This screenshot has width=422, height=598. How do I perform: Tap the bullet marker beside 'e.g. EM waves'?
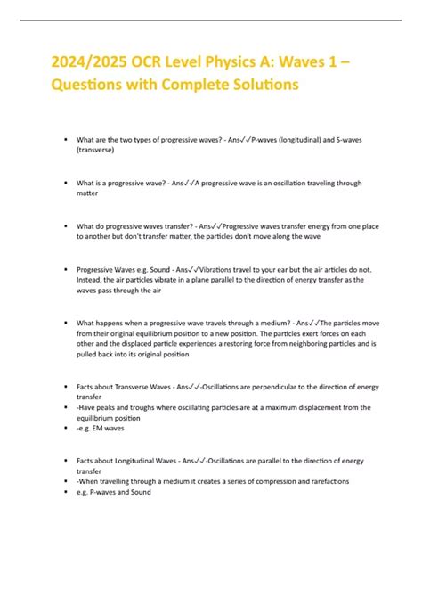(x=68, y=428)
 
